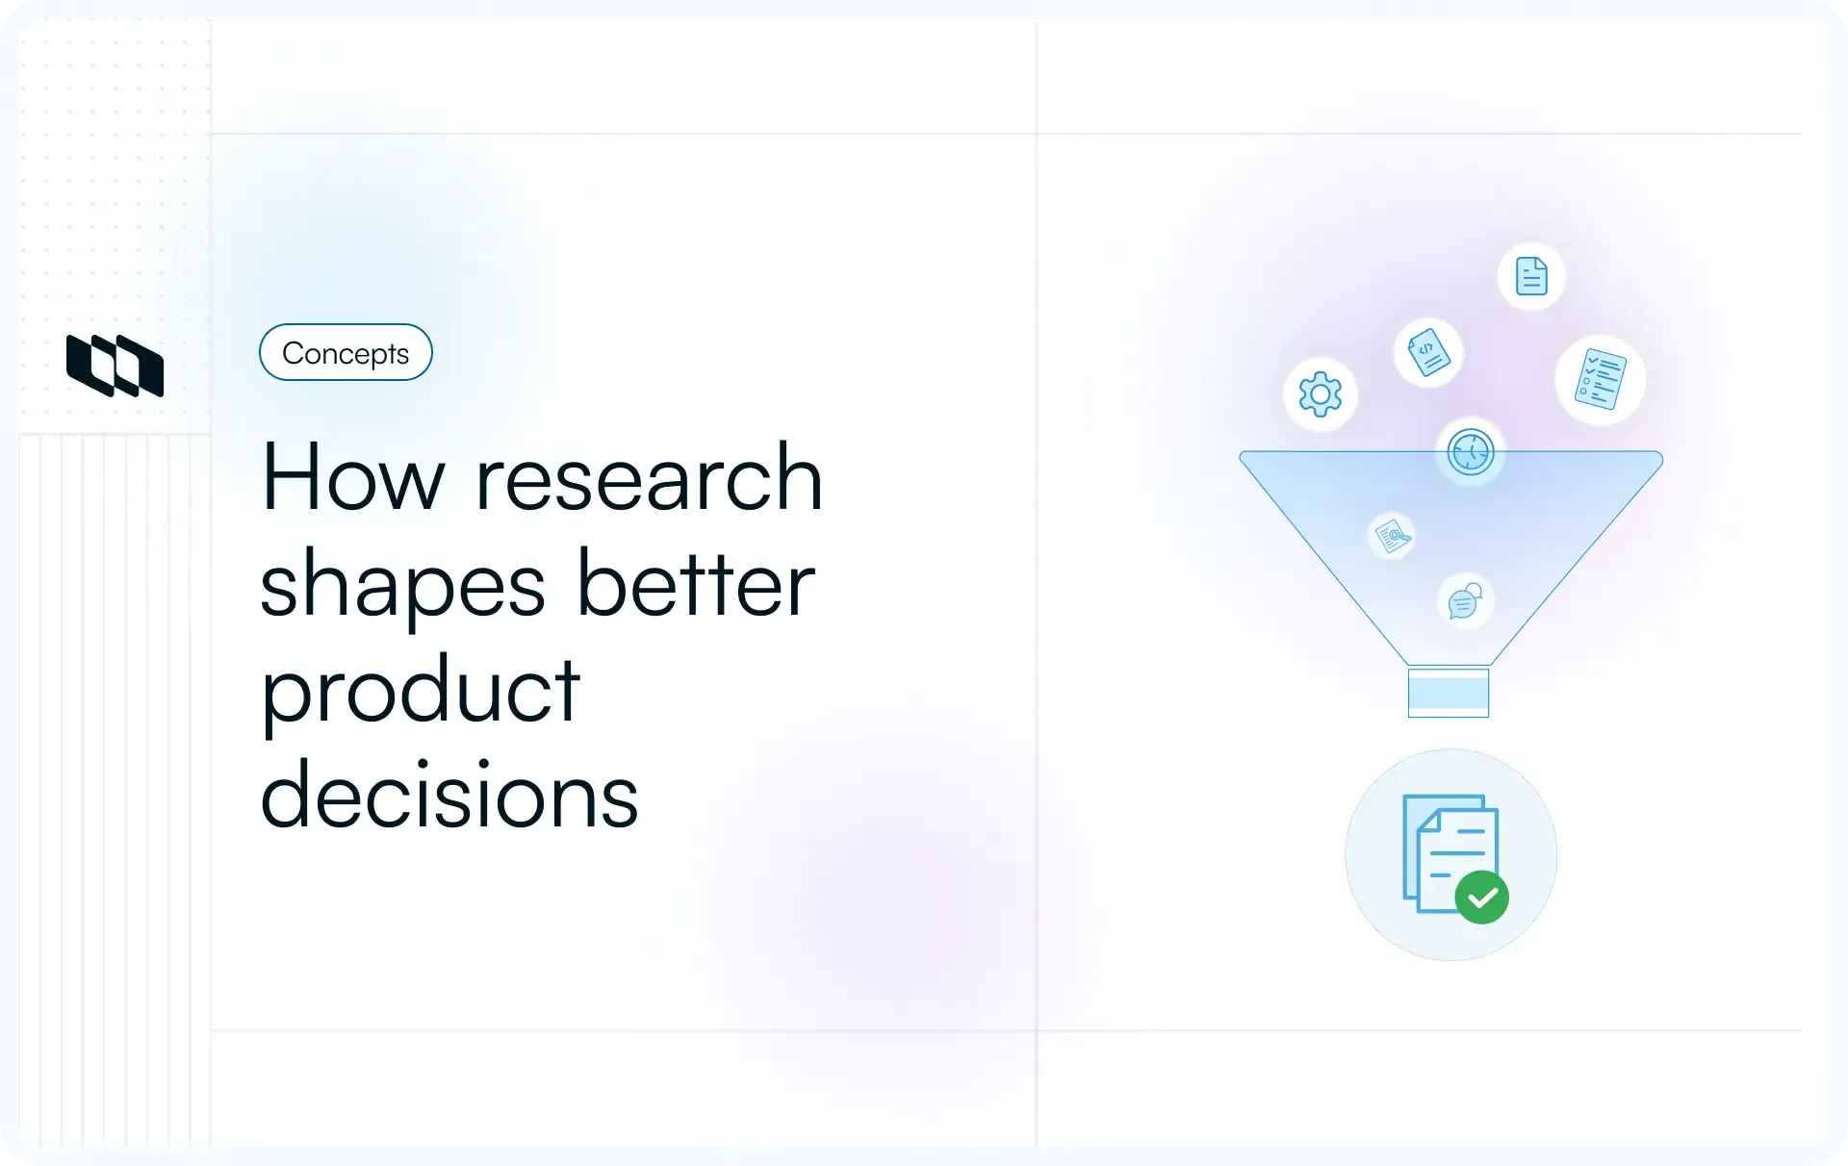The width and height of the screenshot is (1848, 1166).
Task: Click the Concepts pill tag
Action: tap(346, 353)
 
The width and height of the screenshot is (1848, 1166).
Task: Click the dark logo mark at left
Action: tap(115, 366)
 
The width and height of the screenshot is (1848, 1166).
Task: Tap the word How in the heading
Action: tap(352, 478)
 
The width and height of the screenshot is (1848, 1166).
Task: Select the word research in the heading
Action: tap(649, 478)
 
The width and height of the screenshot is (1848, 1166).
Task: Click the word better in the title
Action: tap(695, 584)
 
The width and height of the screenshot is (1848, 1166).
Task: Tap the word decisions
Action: tap(449, 796)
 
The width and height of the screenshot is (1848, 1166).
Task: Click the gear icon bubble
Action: tap(1320, 394)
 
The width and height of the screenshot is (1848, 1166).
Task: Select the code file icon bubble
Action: tap(1428, 352)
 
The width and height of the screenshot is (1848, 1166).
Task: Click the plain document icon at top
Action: tap(1530, 276)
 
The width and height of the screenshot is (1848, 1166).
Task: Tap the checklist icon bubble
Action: tap(1600, 379)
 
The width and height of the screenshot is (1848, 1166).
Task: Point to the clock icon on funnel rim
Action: tap(1470, 451)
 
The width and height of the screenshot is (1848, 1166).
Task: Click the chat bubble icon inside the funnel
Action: tap(1464, 601)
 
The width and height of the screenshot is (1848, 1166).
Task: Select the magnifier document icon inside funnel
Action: tap(1391, 535)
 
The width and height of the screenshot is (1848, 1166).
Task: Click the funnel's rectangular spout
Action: tap(1448, 692)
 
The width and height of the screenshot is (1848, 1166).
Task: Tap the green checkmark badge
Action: tap(1481, 898)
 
